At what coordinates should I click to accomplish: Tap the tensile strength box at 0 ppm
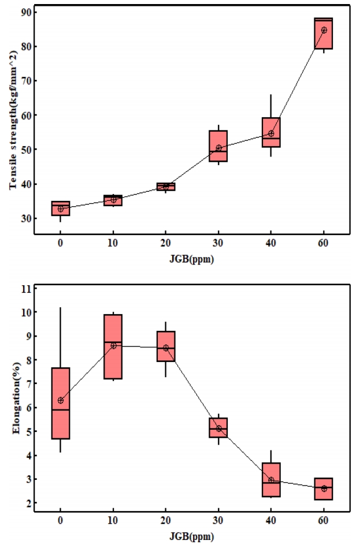click(x=61, y=208)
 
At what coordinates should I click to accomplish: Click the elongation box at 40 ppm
click(x=271, y=479)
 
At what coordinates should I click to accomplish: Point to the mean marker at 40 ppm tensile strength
click(x=271, y=134)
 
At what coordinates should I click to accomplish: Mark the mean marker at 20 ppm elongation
click(x=166, y=348)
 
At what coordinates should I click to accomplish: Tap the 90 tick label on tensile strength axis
click(x=27, y=12)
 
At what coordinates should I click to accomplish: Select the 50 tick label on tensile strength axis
click(x=27, y=150)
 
